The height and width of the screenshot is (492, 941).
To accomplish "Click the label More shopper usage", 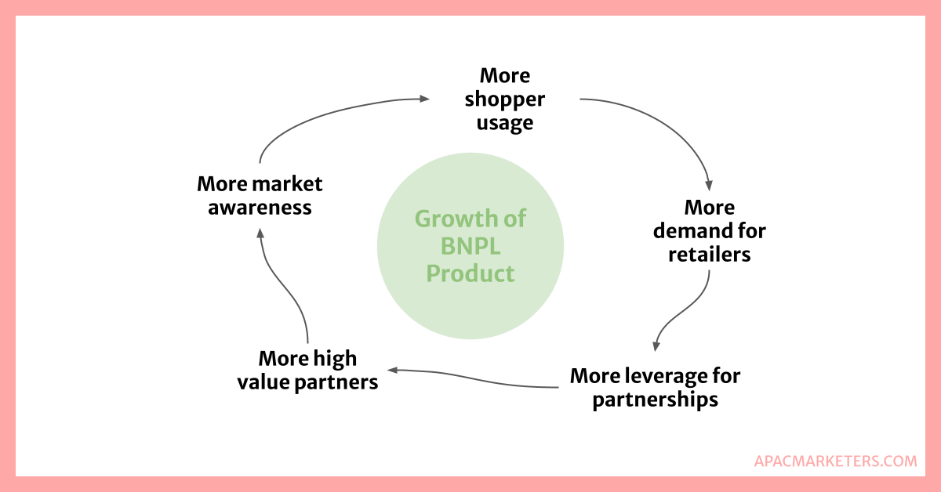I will [x=505, y=99].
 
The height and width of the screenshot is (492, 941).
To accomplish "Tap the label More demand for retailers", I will [x=709, y=231].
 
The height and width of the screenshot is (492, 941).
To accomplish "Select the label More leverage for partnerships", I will [x=655, y=387].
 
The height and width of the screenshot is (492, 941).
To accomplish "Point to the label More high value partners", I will [x=318, y=371].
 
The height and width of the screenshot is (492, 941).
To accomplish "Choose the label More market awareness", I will [x=260, y=195].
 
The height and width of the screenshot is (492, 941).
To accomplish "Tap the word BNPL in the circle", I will [x=470, y=246].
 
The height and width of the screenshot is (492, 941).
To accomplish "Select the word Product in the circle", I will [x=470, y=273].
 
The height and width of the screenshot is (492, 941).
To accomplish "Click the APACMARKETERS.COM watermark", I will [x=835, y=461].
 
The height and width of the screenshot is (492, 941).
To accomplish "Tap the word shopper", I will [x=505, y=99].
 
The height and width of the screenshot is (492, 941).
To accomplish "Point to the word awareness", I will [x=260, y=208].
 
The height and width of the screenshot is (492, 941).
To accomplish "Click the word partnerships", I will [x=655, y=400].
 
